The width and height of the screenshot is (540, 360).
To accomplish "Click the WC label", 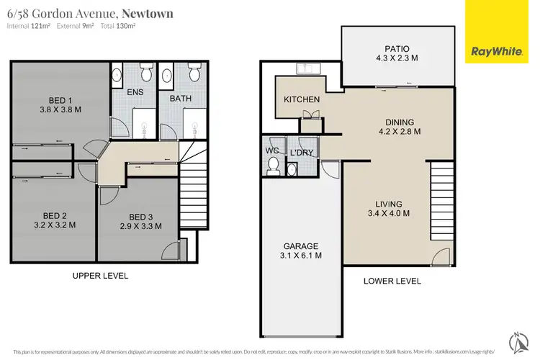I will (x=272, y=150).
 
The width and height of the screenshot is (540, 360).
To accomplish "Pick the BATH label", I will (x=181, y=98).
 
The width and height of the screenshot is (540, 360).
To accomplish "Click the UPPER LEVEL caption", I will (x=101, y=276).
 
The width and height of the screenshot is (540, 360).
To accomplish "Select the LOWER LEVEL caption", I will (x=392, y=281).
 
